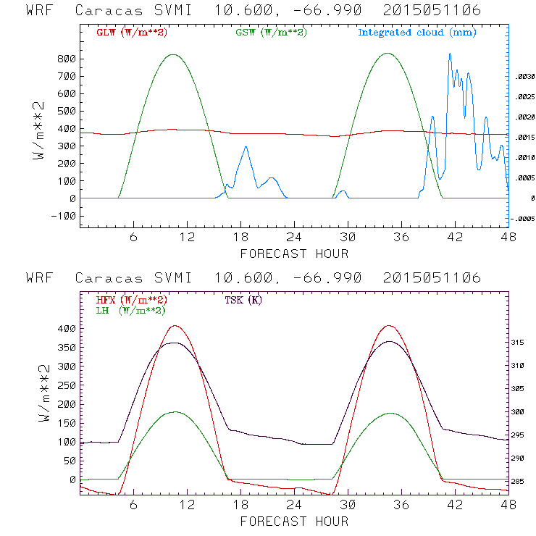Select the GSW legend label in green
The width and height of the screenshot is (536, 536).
(x=269, y=33)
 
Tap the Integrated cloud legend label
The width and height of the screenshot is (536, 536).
(x=417, y=33)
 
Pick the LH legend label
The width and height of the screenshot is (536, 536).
(x=128, y=310)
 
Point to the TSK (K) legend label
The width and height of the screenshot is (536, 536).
(x=242, y=300)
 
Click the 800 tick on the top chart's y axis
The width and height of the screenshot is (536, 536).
(x=67, y=59)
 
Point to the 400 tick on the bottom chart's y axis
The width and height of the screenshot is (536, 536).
(x=67, y=329)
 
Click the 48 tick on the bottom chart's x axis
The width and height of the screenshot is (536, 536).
(x=507, y=505)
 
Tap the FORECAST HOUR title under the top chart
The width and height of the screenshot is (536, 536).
(x=293, y=254)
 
